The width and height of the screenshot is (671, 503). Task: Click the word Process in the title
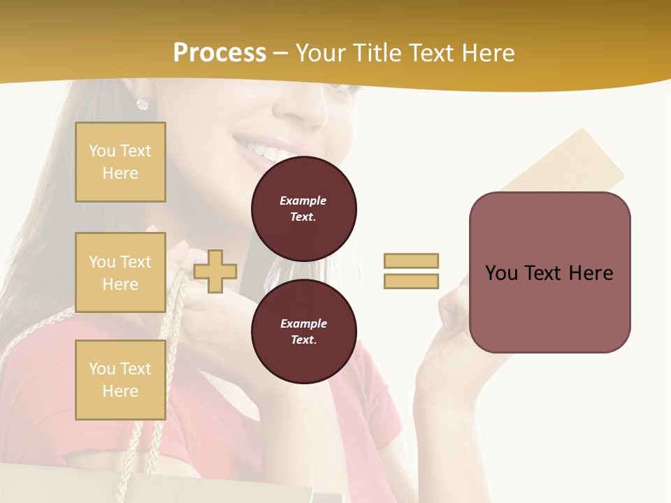click(219, 53)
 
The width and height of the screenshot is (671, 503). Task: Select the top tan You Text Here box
click(120, 162)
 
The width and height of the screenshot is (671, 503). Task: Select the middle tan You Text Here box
click(120, 272)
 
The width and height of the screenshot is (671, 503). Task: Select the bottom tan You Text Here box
click(120, 379)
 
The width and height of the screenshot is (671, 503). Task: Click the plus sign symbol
click(215, 271)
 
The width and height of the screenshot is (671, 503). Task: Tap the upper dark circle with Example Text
click(303, 209)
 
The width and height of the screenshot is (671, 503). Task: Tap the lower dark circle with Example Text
click(303, 331)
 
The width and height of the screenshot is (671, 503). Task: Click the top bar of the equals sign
click(411, 261)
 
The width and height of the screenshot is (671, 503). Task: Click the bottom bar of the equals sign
click(411, 281)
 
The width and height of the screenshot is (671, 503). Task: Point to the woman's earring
click(143, 103)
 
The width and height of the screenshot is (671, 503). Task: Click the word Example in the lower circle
click(303, 323)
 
